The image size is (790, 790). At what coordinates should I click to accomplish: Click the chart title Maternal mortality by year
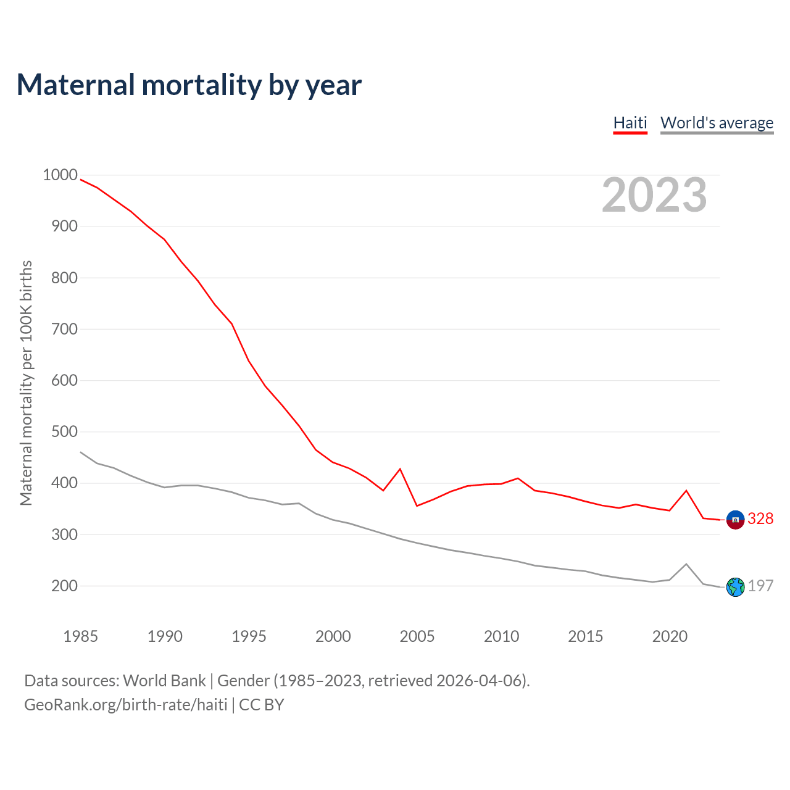coord(189,85)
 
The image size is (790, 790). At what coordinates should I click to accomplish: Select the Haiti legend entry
coord(630,123)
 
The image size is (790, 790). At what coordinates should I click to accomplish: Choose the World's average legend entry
coord(717,123)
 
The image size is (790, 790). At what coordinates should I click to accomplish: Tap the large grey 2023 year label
coord(654,195)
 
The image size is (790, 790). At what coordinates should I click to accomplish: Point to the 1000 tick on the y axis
coord(60,175)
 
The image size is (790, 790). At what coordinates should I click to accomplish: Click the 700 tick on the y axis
coord(65,329)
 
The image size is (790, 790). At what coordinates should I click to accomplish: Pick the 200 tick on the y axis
coord(65,586)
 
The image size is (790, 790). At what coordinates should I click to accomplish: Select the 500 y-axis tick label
coord(65,432)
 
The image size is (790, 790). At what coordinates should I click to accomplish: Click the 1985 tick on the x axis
coord(80,636)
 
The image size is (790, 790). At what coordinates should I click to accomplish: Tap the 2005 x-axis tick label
coord(417,636)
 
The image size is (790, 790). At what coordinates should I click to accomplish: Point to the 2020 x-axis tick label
coord(670,636)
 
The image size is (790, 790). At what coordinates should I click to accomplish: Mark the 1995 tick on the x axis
coord(249,636)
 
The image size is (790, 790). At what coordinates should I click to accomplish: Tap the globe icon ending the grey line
coord(735,587)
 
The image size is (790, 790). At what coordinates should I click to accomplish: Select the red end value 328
coord(760,519)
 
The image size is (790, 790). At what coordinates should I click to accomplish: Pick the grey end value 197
coord(760,586)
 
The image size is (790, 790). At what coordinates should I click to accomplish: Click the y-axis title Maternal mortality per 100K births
coord(26,383)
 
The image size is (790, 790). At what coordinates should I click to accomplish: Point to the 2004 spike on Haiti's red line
coord(400,469)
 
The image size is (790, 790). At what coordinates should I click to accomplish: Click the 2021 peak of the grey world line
coord(686,564)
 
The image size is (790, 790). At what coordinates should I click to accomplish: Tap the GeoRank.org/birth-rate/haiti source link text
coord(126,705)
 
